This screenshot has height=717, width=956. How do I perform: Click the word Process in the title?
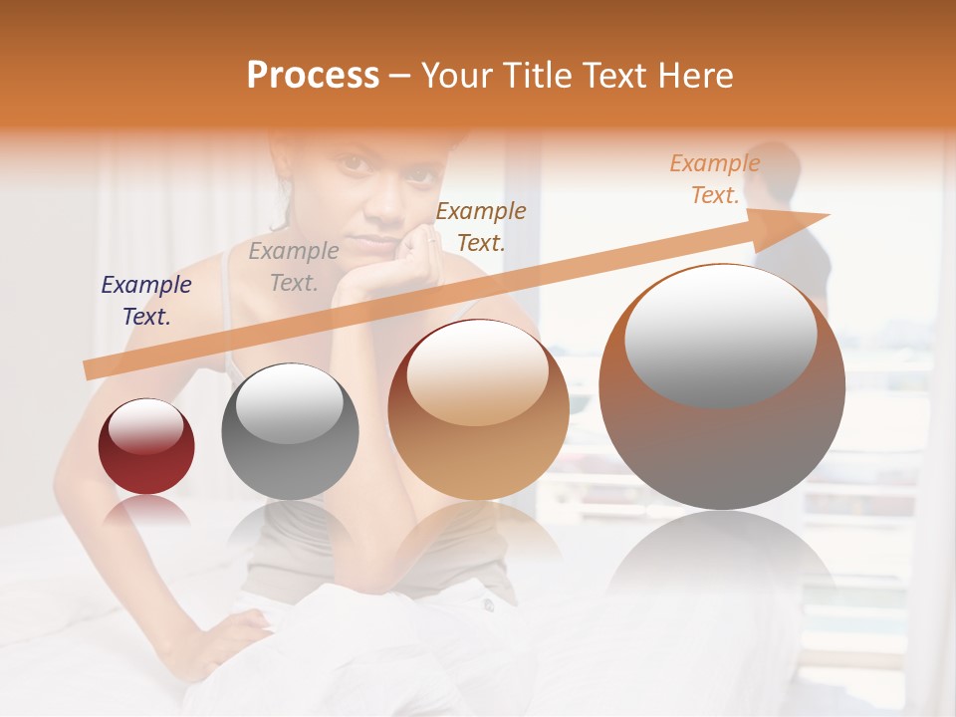click(x=313, y=76)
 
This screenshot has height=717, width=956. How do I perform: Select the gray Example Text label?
click(x=294, y=267)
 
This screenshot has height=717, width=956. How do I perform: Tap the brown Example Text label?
click(x=481, y=227)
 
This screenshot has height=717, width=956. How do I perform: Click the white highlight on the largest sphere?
click(x=720, y=334)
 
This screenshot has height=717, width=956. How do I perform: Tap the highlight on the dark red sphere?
click(x=145, y=426)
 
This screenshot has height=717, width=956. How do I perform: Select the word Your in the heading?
click(x=459, y=76)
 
